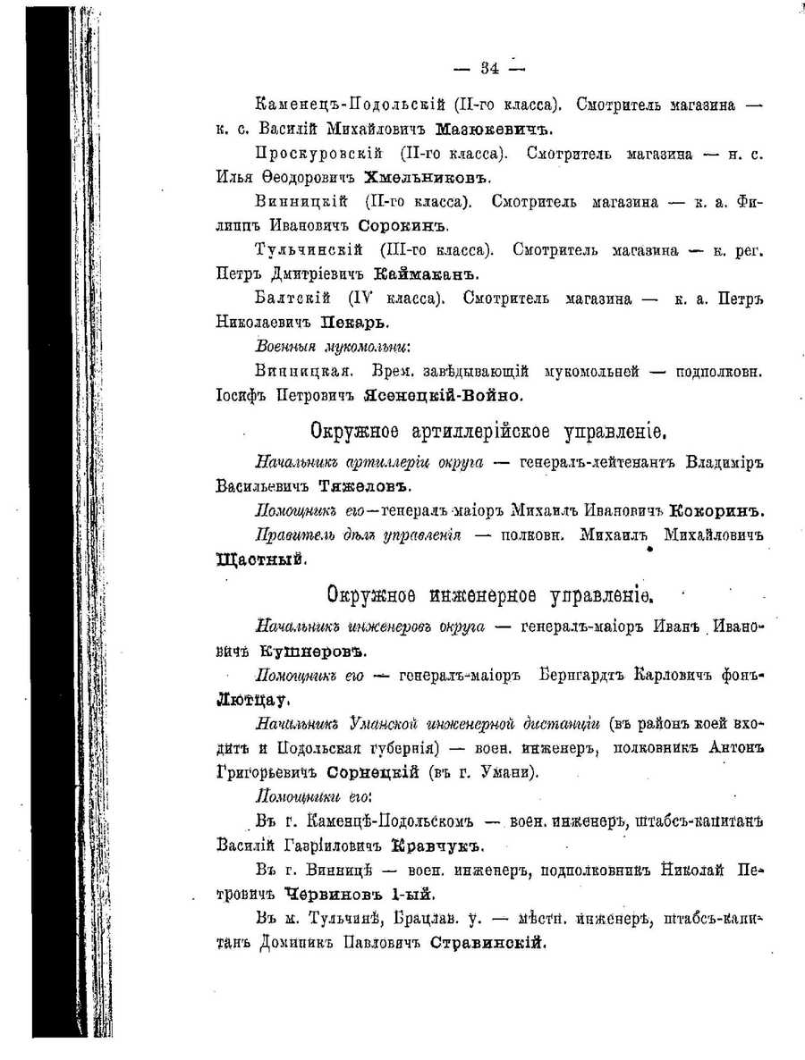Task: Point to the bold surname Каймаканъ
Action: (428, 273)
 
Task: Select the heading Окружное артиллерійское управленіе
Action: (490, 433)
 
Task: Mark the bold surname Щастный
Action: (263, 560)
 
